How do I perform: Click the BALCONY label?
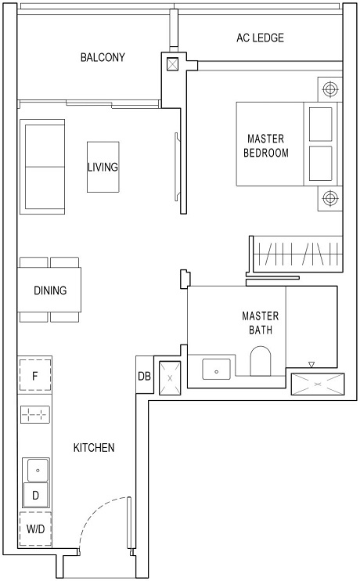103,58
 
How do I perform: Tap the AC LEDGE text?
260,38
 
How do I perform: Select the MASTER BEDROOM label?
266,146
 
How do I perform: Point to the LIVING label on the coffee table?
103,167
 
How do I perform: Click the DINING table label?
50,290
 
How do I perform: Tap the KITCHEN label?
94,448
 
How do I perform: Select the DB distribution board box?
144,377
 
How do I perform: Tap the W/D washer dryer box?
35,529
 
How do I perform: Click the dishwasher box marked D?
35,495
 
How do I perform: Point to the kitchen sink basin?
35,470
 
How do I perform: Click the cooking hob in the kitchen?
35,416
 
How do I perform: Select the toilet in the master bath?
259,363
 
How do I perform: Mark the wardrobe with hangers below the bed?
295,254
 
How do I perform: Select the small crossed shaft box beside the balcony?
172,65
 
